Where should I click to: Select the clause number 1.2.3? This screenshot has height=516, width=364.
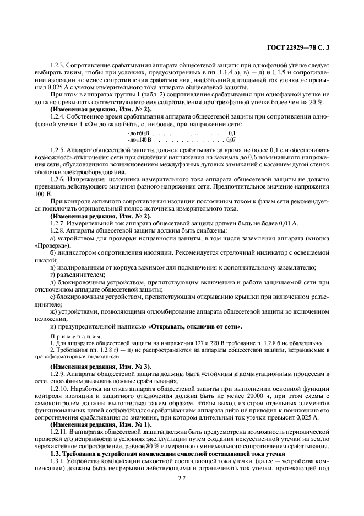(x=58, y=66)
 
